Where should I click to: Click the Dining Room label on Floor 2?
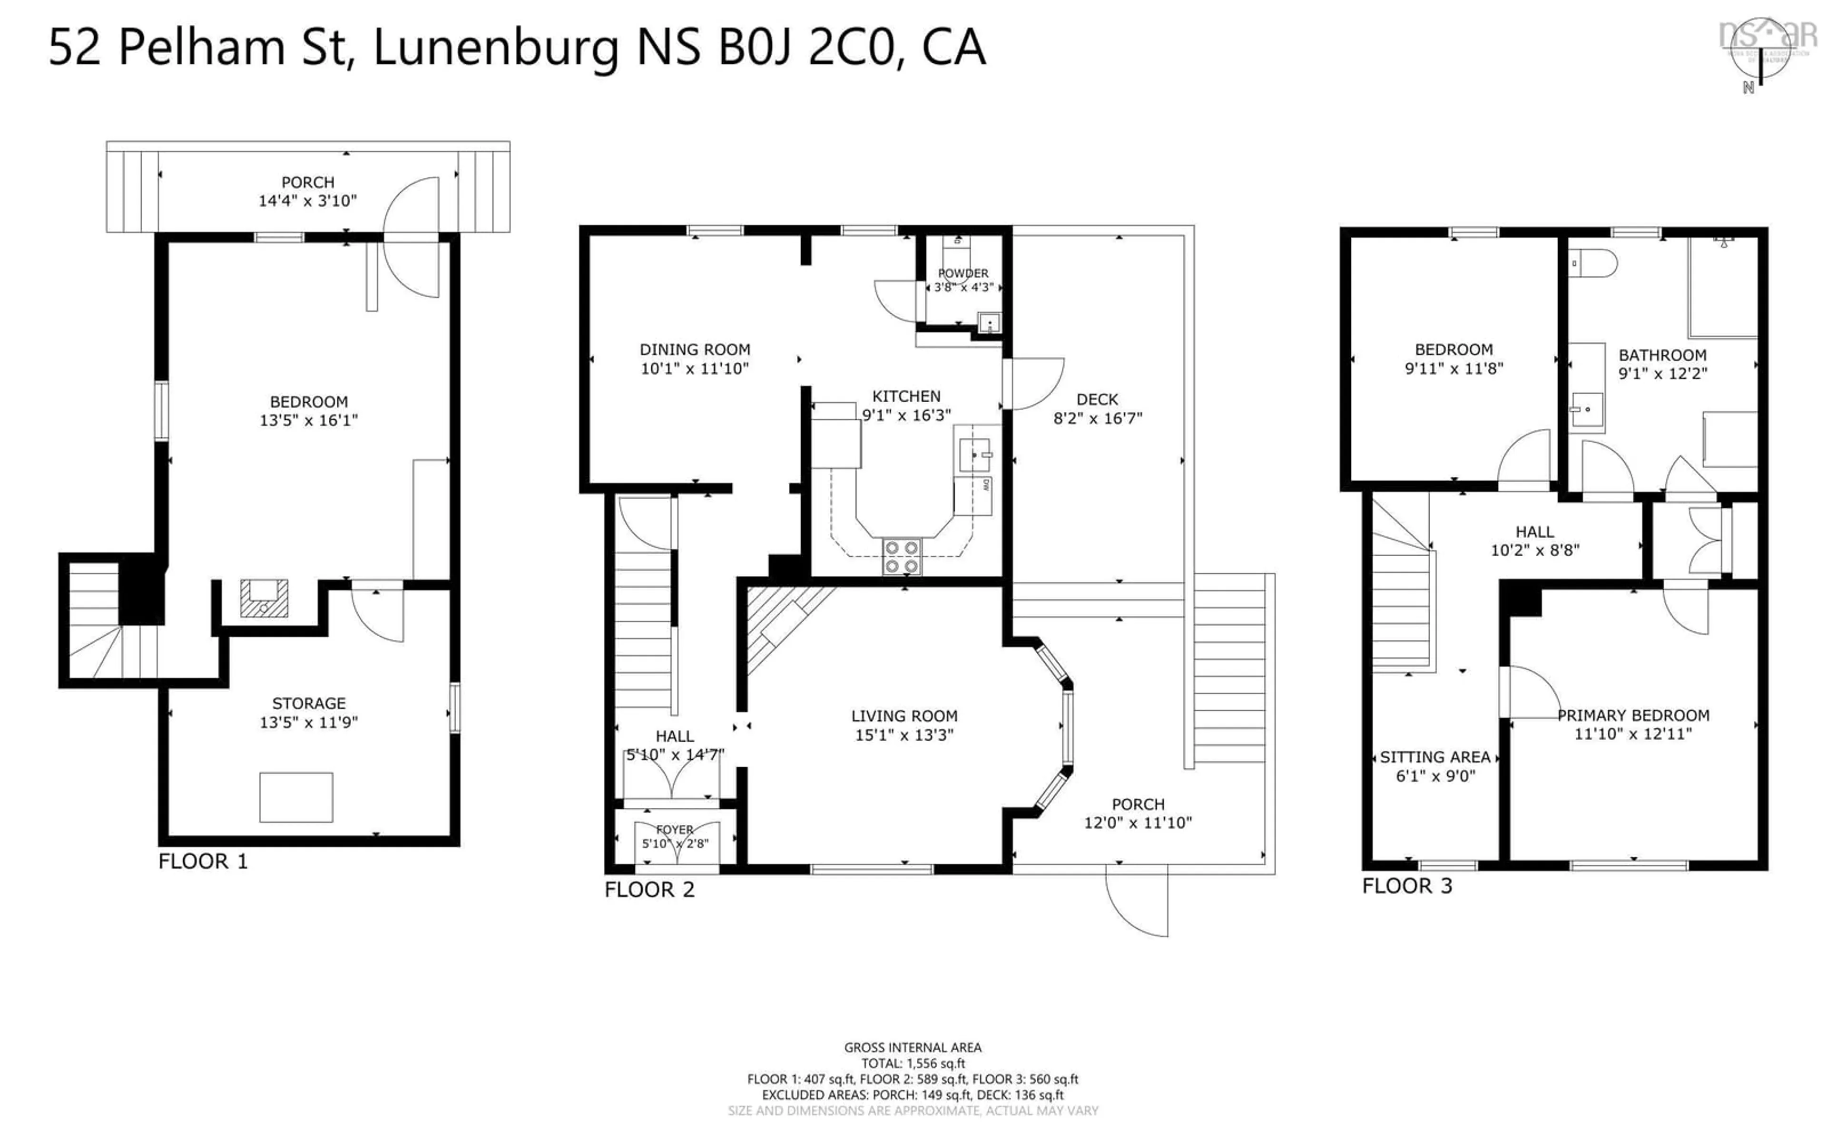pyautogui.click(x=695, y=349)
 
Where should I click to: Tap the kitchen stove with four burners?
pyautogui.click(x=902, y=557)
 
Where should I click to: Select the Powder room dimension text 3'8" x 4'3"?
pyautogui.click(x=963, y=288)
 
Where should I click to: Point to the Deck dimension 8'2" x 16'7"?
pyautogui.click(x=1098, y=418)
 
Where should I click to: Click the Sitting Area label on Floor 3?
pyautogui.click(x=1434, y=757)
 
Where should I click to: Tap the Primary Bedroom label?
pyautogui.click(x=1632, y=716)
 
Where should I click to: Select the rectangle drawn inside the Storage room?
pyautogui.click(x=296, y=797)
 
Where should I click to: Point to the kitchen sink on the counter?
pyautogui.click(x=975, y=455)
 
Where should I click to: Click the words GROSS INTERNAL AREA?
pyautogui.click(x=912, y=1047)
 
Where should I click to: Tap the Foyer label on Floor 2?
pyautogui.click(x=674, y=829)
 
